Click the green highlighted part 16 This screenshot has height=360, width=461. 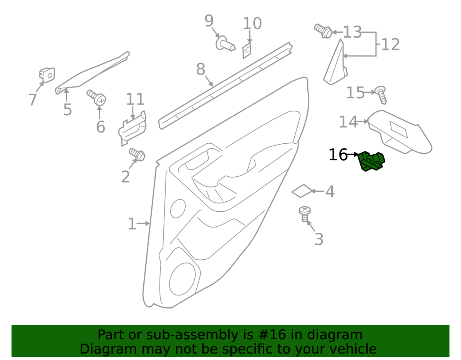(371, 161)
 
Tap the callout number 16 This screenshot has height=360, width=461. (338, 155)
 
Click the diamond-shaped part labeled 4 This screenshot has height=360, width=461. (302, 191)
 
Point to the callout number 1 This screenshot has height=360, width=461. (132, 224)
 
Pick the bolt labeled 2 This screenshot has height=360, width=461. (138, 154)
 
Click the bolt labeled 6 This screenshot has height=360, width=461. (97, 98)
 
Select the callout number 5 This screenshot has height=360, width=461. (68, 110)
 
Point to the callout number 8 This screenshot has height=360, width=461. (201, 70)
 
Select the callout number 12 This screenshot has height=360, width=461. (391, 45)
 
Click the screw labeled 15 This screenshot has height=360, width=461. (381, 95)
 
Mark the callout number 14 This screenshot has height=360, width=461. (348, 122)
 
